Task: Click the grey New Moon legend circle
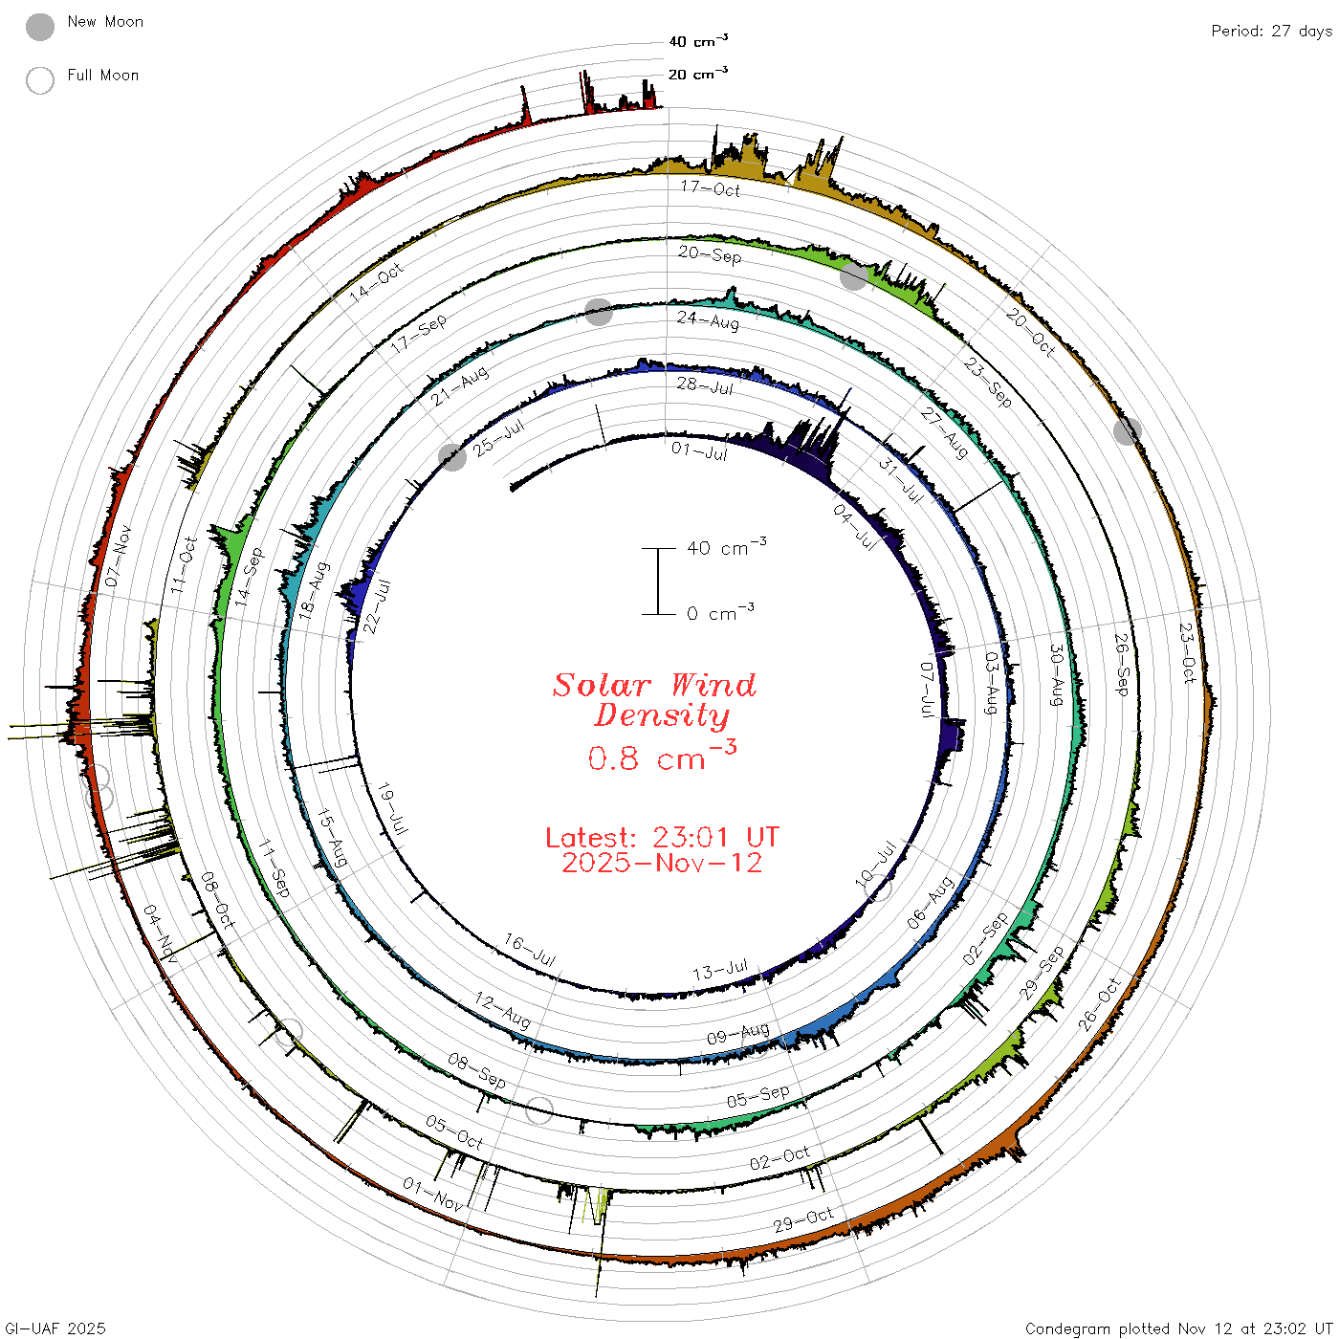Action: click(x=39, y=27)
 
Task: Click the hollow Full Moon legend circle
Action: click(x=39, y=80)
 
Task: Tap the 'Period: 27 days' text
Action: click(x=1271, y=32)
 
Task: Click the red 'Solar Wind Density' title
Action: click(x=654, y=700)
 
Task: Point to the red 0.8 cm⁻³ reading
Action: click(x=662, y=756)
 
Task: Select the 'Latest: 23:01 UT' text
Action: click(x=662, y=837)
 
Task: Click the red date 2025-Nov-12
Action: click(x=662, y=863)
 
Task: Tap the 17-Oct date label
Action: click(x=711, y=187)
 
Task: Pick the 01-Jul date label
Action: click(x=699, y=450)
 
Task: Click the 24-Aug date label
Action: click(x=708, y=319)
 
